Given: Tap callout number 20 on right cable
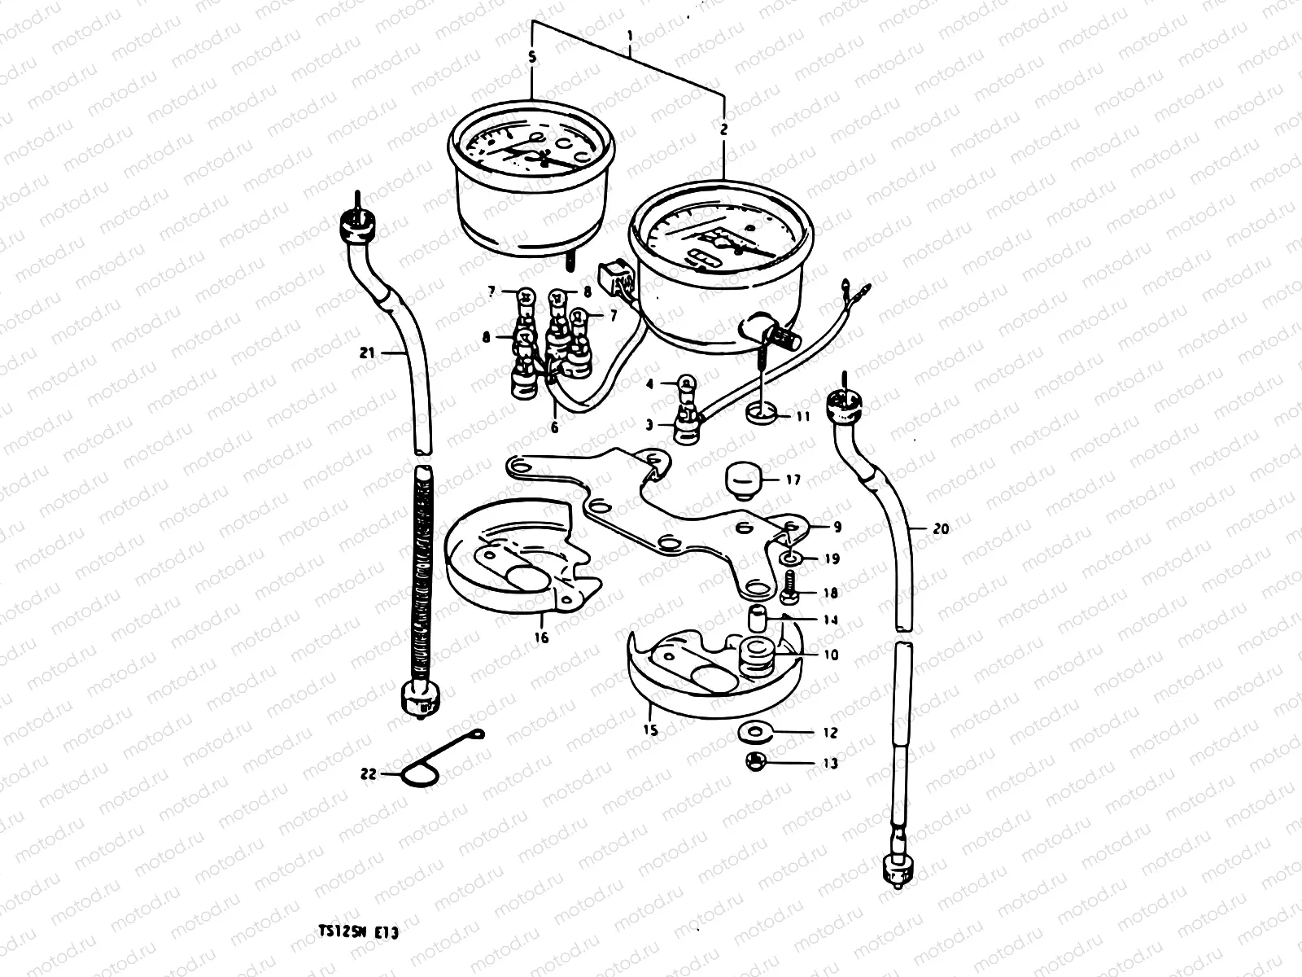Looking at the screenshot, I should pyautogui.click(x=941, y=528).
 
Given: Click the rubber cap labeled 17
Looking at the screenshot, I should pyautogui.click(x=741, y=480).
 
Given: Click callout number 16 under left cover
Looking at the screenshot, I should pyautogui.click(x=543, y=637).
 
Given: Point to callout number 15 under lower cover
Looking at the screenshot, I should pyautogui.click(x=651, y=730).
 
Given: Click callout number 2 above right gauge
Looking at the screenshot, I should pyautogui.click(x=723, y=128).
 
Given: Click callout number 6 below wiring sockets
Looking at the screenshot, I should pyautogui.click(x=555, y=427).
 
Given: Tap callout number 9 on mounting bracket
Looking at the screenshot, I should pyautogui.click(x=837, y=527).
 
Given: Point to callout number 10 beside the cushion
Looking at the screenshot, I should pyautogui.click(x=830, y=655).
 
